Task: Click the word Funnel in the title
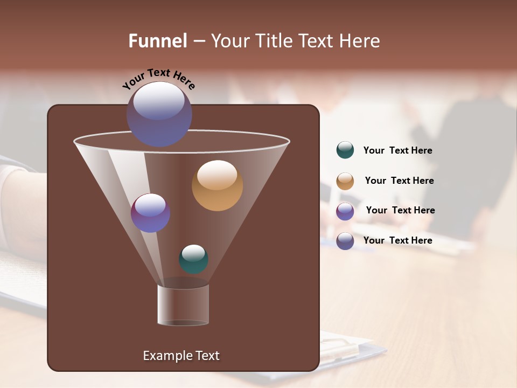158,41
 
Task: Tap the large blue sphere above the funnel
159,114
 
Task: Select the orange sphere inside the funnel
217,185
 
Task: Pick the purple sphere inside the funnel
150,213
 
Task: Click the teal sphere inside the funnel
193,259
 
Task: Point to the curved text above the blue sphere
159,78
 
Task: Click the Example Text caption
181,356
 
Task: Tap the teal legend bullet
345,150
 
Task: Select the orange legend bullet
345,181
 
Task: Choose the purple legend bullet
345,211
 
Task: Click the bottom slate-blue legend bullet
345,241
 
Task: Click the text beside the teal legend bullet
397,151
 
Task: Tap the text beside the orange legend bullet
399,181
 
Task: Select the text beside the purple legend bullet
400,210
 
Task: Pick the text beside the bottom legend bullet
397,240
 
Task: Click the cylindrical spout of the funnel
183,305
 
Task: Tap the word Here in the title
359,41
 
